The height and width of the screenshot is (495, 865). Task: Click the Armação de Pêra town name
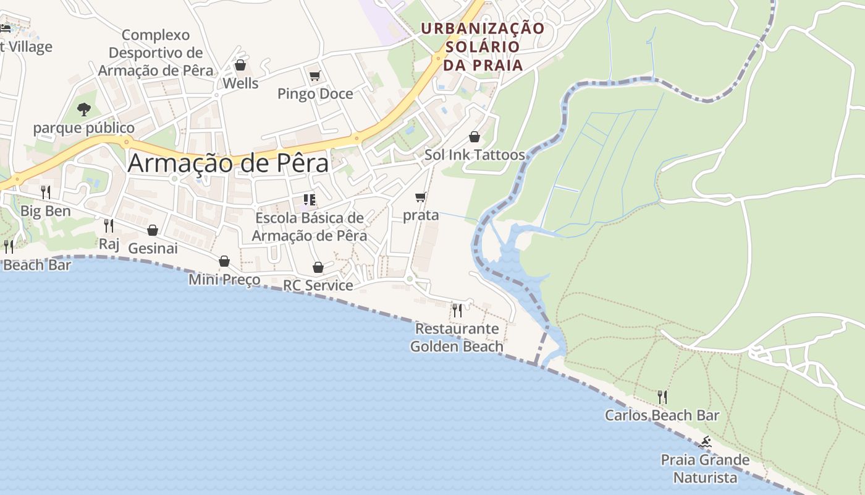coord(228,163)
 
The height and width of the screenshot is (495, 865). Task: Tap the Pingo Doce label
coord(315,94)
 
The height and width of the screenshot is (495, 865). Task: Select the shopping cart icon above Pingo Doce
coord(315,75)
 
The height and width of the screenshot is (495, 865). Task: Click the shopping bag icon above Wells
coord(240,65)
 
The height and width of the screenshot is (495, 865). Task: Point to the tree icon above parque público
coord(84,110)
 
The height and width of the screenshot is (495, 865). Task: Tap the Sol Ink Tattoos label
coord(475,155)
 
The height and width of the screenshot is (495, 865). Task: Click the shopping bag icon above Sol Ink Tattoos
coord(475,137)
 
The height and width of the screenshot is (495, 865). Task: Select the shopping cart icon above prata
coord(421,197)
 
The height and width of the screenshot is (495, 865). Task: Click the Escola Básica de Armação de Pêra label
coord(310,227)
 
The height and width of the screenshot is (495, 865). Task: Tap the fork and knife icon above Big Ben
coord(45,192)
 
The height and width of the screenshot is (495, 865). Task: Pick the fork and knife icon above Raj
coord(109,225)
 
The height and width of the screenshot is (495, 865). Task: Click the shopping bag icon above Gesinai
coord(153,230)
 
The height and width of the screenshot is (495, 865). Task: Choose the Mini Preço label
coord(224,280)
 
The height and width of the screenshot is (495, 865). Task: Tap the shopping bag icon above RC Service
coord(318,267)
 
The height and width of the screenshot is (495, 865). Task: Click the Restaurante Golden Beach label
coord(457,337)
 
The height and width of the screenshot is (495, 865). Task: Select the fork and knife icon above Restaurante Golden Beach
coord(457,310)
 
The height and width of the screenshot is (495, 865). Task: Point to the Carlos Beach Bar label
coord(662,415)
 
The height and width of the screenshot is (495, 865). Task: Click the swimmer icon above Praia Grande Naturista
coord(705,442)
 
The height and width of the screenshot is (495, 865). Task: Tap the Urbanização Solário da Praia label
coord(483,46)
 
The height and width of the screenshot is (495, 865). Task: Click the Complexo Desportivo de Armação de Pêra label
coord(156,53)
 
